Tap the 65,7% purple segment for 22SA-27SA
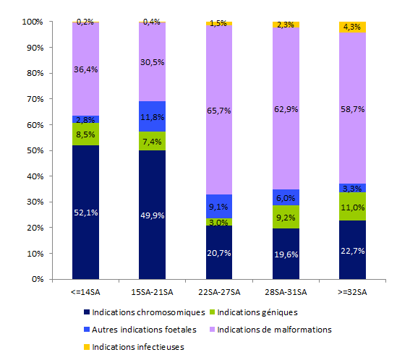point(219,111)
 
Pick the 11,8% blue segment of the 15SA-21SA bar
point(153,116)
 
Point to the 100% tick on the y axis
point(32,22)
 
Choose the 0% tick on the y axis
point(36,279)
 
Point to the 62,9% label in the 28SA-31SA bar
point(286,109)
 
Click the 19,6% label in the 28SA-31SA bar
point(286,254)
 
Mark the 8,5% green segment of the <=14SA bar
point(85,134)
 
